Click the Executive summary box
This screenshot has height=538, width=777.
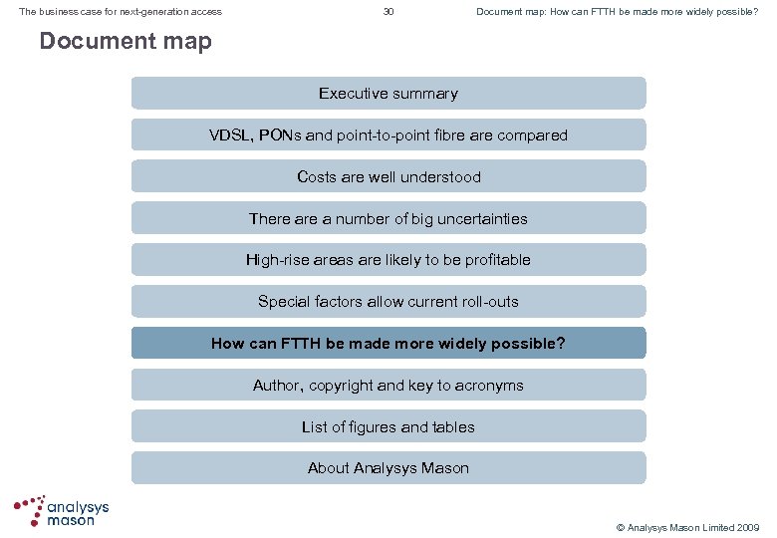click(x=388, y=94)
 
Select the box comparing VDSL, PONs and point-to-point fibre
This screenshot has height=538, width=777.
click(x=388, y=135)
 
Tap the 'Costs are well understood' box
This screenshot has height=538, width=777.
click(x=388, y=177)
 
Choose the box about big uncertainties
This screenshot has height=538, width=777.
click(x=388, y=218)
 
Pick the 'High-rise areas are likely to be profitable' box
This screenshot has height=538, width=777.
click(x=388, y=260)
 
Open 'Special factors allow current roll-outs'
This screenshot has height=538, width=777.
click(x=388, y=302)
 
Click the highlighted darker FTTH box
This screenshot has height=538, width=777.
click(x=388, y=344)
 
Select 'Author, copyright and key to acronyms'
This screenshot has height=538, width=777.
click(x=388, y=386)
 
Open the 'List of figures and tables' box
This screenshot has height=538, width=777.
click(x=388, y=427)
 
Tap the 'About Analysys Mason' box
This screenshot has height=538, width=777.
click(x=388, y=468)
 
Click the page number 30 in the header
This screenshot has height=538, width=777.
click(x=388, y=12)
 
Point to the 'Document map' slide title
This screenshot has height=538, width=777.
click(x=126, y=42)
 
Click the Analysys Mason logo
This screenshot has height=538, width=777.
click(x=62, y=510)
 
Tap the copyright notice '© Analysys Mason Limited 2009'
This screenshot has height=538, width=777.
click(x=687, y=527)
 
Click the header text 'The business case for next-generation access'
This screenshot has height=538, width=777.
click(x=121, y=12)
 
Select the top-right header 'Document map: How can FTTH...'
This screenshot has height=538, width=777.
click(x=617, y=12)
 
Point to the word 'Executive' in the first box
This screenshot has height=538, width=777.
click(x=353, y=94)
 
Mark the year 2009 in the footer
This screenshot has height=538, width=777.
click(x=746, y=527)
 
